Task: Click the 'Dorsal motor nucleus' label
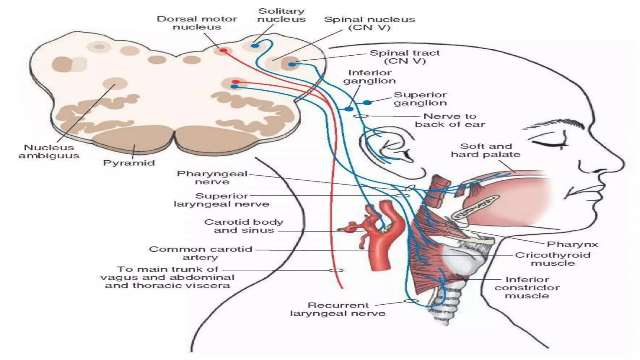197,23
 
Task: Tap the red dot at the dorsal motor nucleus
223,50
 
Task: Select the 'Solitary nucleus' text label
281,15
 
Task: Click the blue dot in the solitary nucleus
255,46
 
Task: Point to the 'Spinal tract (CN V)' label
405,57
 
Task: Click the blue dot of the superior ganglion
367,102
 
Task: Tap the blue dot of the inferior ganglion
349,109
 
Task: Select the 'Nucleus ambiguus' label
49,152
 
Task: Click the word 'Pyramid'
129,163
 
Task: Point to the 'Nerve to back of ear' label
450,120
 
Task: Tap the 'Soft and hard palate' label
486,150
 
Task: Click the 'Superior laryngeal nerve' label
222,200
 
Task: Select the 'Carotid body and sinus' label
244,226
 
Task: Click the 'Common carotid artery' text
200,253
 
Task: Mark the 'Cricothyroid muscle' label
552,259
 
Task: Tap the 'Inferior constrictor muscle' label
527,287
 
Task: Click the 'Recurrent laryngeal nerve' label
338,309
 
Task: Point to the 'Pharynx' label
572,244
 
